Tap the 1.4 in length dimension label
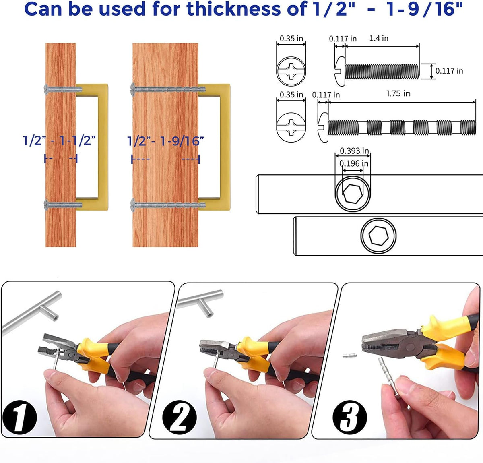click(x=379, y=38)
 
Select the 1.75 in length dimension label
click(x=398, y=93)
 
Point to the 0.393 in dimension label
click(x=354, y=151)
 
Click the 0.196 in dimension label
click(x=354, y=163)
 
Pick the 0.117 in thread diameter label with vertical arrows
click(x=449, y=71)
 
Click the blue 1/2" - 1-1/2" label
click(x=60, y=141)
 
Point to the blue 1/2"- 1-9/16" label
click(x=165, y=141)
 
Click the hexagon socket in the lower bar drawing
click(x=378, y=235)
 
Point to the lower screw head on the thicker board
click(x=133, y=205)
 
